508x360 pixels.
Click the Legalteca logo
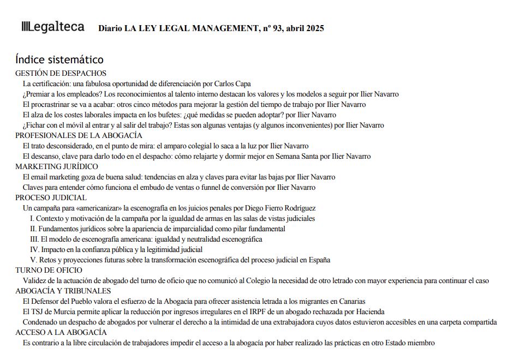53,27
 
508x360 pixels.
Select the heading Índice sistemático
59,59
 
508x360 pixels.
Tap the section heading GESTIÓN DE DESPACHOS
61,73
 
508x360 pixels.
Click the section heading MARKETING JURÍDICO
57,166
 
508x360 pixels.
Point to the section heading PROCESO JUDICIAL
51,197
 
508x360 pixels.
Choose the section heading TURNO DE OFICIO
49,270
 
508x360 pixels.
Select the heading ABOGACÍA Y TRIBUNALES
63,291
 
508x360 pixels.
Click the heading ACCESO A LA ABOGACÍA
61,332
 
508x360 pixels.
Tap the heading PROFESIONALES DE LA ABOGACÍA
79,135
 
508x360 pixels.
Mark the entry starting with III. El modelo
146,239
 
